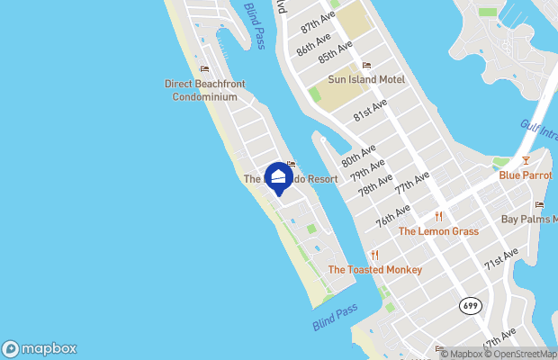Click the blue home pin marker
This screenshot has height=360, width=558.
(x=277, y=175)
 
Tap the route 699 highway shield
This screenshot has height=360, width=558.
(x=469, y=305)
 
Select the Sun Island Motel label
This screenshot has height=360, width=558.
(x=366, y=79)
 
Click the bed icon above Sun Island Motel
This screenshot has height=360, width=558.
(x=366, y=66)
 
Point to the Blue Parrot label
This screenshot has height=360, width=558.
(x=526, y=175)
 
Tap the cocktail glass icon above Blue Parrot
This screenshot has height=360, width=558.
(x=526, y=161)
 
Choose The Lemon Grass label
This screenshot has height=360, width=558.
(x=438, y=231)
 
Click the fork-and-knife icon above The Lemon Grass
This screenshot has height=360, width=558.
(x=438, y=217)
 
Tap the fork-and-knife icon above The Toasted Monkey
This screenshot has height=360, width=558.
(x=374, y=256)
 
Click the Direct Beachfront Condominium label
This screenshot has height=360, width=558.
(x=205, y=90)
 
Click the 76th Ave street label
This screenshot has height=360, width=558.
(x=392, y=215)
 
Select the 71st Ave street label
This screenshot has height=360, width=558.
(x=501, y=259)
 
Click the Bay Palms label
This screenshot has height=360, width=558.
(x=529, y=219)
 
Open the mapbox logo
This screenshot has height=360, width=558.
(x=40, y=348)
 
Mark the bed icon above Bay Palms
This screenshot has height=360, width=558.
(x=539, y=205)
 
